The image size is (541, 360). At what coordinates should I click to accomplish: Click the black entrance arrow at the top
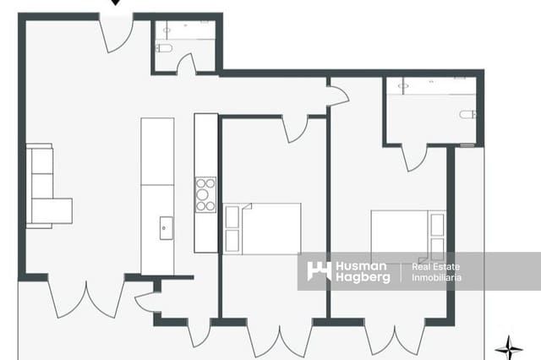117,3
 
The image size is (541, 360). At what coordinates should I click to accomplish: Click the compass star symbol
508,346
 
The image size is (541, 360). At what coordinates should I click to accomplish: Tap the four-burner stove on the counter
205,194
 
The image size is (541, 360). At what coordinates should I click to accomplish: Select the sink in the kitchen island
167,228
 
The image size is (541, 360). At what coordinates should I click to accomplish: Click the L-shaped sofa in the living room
44,188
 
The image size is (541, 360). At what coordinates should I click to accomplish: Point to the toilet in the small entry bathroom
164,48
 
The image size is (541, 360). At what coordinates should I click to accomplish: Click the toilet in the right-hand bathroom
467,114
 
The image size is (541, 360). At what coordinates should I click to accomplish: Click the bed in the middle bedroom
262,228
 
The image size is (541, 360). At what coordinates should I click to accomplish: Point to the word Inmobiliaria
431,278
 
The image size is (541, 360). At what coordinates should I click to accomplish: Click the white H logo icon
319,271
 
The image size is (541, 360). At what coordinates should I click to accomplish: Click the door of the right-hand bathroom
414,157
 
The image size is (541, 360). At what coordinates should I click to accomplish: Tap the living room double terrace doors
86,297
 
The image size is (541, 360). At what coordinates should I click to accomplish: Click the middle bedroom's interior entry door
295,128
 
